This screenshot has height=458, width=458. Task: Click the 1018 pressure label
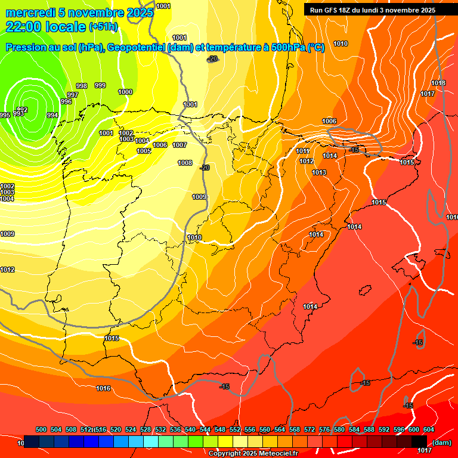click(438, 83)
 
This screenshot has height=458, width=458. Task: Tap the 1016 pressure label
click(103, 388)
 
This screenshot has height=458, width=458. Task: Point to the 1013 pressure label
click(319, 172)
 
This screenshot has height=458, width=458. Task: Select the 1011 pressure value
click(302, 151)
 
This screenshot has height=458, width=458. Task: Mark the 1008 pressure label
click(185, 163)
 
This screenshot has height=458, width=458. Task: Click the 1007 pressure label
click(180, 145)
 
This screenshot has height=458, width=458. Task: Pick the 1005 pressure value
click(144, 151)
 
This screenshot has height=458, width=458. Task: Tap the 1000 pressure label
click(125, 92)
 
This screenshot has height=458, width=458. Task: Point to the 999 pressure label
click(100, 85)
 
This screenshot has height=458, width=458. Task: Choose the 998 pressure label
click(82, 86)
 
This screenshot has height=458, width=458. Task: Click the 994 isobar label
click(52, 115)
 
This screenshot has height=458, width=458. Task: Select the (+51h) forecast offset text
click(103, 27)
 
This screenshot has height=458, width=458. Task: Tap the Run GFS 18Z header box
click(372, 10)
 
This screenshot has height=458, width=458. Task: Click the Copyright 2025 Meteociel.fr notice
click(253, 453)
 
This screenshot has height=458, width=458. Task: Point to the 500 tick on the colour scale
click(41, 429)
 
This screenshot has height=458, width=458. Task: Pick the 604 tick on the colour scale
click(428, 429)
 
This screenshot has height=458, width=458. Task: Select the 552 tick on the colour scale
click(235, 429)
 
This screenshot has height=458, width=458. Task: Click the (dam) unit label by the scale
click(441, 442)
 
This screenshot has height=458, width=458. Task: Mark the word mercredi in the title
click(28, 12)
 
